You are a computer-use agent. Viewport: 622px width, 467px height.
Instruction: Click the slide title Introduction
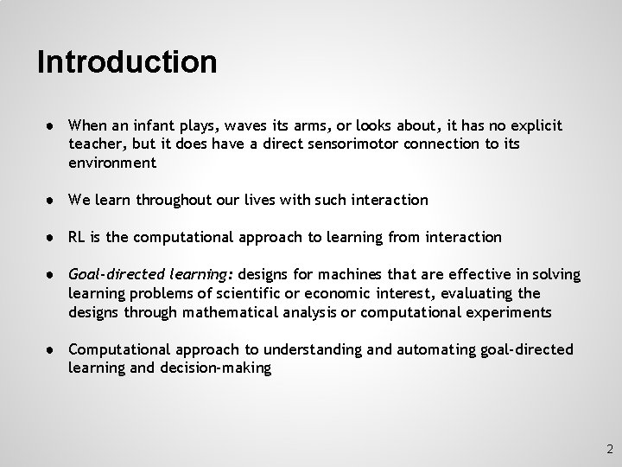[127, 62]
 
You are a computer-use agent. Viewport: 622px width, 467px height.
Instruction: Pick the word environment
[112, 163]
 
